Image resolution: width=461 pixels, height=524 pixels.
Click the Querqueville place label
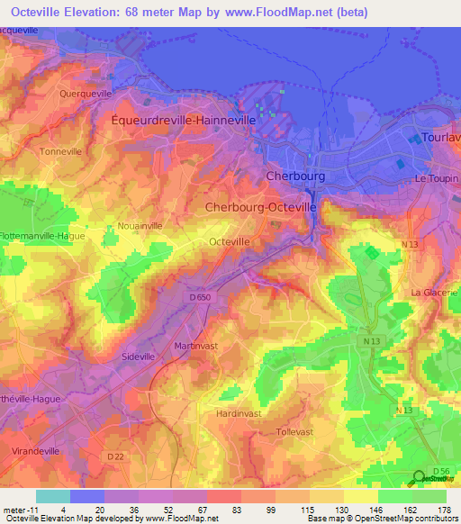click(x=85, y=93)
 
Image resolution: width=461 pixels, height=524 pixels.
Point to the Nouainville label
click(x=140, y=226)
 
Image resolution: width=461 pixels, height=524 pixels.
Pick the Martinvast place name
click(x=197, y=346)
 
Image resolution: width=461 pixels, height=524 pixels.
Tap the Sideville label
click(x=140, y=356)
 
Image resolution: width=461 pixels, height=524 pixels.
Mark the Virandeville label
click(x=35, y=448)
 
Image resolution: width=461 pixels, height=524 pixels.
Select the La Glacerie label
click(x=434, y=293)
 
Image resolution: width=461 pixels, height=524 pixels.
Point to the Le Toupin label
click(x=436, y=178)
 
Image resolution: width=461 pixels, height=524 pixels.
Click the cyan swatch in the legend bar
click(x=53, y=496)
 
